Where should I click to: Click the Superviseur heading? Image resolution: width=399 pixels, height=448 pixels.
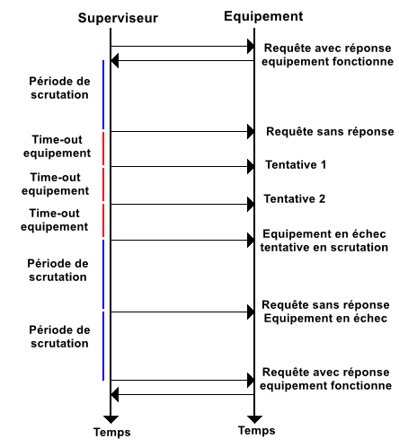pyautogui.click(x=118, y=18)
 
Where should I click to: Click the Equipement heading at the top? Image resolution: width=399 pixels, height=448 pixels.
pyautogui.click(x=263, y=16)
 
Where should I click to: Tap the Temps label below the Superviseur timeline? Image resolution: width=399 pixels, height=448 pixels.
pyautogui.click(x=112, y=433)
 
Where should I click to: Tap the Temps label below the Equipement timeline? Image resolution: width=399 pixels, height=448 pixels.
pyautogui.click(x=257, y=431)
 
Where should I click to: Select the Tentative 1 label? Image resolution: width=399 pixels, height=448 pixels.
pyautogui.click(x=296, y=164)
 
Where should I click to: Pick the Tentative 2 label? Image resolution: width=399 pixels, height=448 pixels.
pyautogui.click(x=295, y=198)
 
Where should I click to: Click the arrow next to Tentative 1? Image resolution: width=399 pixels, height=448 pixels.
pyautogui.click(x=182, y=166)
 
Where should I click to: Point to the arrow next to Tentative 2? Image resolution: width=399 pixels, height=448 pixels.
pyautogui.click(x=182, y=205)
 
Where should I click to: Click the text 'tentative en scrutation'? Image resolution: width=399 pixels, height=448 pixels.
pyautogui.click(x=324, y=248)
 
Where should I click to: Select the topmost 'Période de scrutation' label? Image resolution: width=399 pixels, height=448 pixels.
pyautogui.click(x=59, y=88)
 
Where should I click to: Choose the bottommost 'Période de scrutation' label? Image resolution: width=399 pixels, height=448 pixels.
pyautogui.click(x=59, y=337)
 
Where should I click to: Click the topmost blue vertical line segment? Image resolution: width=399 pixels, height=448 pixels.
pyautogui.click(x=103, y=94)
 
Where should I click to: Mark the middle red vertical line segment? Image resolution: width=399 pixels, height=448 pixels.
pyautogui.click(x=103, y=184)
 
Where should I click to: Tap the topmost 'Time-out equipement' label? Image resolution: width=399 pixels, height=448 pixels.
pyautogui.click(x=57, y=146)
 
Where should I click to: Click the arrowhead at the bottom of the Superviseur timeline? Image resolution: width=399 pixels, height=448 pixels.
pyautogui.click(x=111, y=419)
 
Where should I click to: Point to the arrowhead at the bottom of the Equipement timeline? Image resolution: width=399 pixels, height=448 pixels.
pyautogui.click(x=254, y=419)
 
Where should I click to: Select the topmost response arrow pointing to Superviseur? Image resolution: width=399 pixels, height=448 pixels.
pyautogui.click(x=182, y=61)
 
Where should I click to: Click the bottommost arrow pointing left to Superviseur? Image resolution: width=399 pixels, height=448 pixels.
pyautogui.click(x=182, y=394)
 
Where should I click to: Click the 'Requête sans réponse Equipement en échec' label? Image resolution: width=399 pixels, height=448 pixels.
pyautogui.click(x=325, y=312)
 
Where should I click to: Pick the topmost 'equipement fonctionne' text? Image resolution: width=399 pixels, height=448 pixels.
pyautogui.click(x=328, y=62)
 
